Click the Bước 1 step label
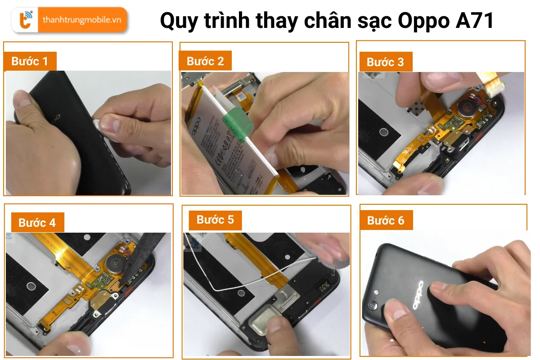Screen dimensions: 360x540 (x=30, y=62)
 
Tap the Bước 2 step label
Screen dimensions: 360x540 (x=205, y=61)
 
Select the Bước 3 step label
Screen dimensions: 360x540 (x=385, y=62)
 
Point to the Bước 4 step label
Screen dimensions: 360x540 (x=37, y=223)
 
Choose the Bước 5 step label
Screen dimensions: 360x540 (x=215, y=220)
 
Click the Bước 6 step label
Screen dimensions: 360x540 (x=386, y=220)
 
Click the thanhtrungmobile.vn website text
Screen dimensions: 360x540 (x=81, y=20)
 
